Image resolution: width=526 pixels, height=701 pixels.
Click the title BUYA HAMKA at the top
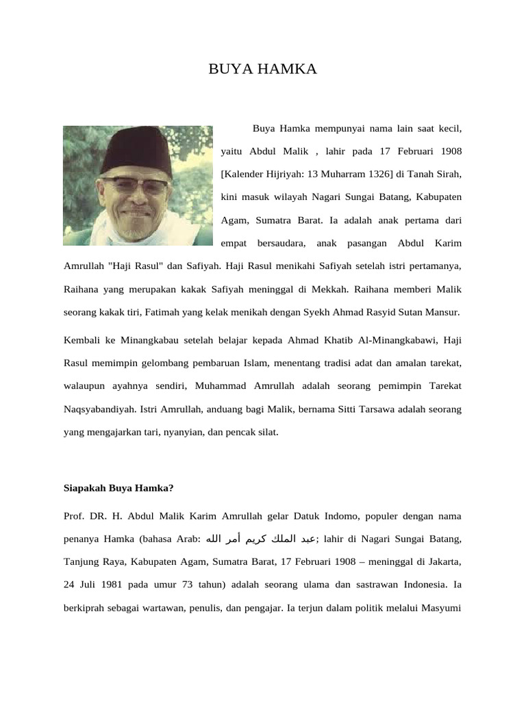pyautogui.click(x=263, y=69)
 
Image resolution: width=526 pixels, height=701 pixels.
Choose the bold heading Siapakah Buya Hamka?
pyautogui.click(x=118, y=489)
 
